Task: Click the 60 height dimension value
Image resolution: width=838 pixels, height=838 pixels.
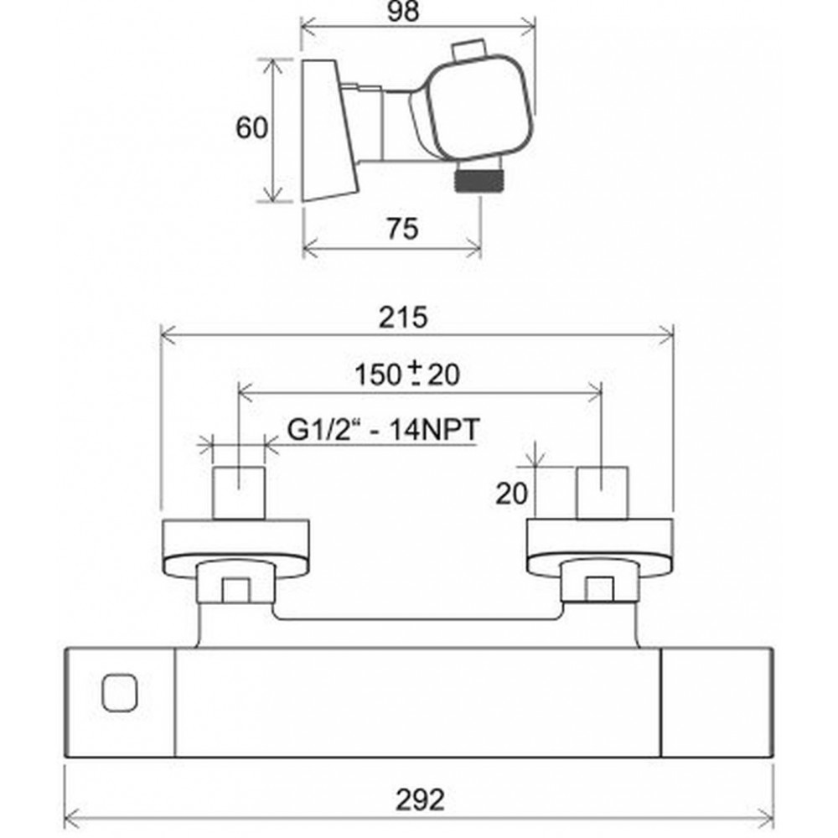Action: point(251,129)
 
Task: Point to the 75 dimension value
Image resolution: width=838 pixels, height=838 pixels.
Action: point(402,228)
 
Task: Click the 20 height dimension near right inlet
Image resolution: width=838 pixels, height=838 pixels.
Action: point(512,494)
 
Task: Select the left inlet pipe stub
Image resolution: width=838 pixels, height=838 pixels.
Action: point(240,493)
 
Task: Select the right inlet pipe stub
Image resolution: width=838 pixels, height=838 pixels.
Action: point(602,493)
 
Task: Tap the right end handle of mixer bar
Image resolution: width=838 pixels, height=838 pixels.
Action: point(717,702)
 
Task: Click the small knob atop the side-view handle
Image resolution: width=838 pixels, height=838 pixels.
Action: point(469,51)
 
